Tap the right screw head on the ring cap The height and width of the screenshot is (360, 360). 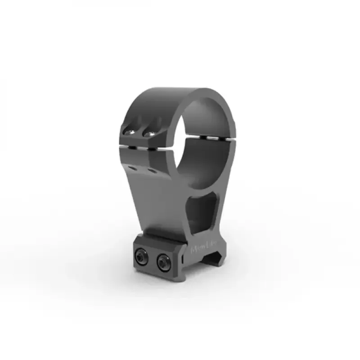[x=148, y=133]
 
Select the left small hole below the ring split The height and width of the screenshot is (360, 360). [x=131, y=167]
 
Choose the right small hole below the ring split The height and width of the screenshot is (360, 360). [x=150, y=171]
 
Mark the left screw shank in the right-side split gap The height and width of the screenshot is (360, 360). [x=203, y=136]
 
